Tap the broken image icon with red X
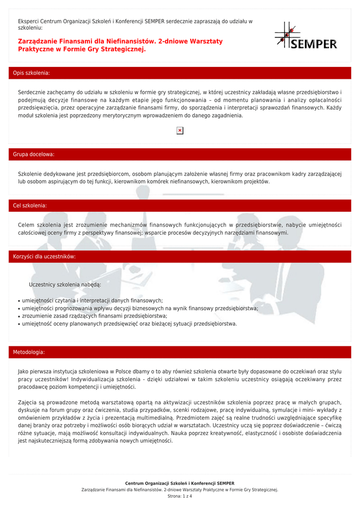click(180, 130)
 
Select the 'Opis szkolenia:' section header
click(31, 73)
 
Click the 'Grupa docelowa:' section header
click(34, 155)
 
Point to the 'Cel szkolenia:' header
click(30, 205)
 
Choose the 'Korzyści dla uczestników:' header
click(44, 256)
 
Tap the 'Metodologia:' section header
click(29, 352)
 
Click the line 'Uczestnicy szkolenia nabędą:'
click(65, 284)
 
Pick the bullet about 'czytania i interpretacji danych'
click(92, 301)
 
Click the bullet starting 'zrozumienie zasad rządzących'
click(94, 316)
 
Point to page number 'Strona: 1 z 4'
click(180, 496)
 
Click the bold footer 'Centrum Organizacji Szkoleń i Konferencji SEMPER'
click(180, 483)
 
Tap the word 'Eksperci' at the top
click(28, 21)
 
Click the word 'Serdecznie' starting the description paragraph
click(32, 93)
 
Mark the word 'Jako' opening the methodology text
click(23, 371)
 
